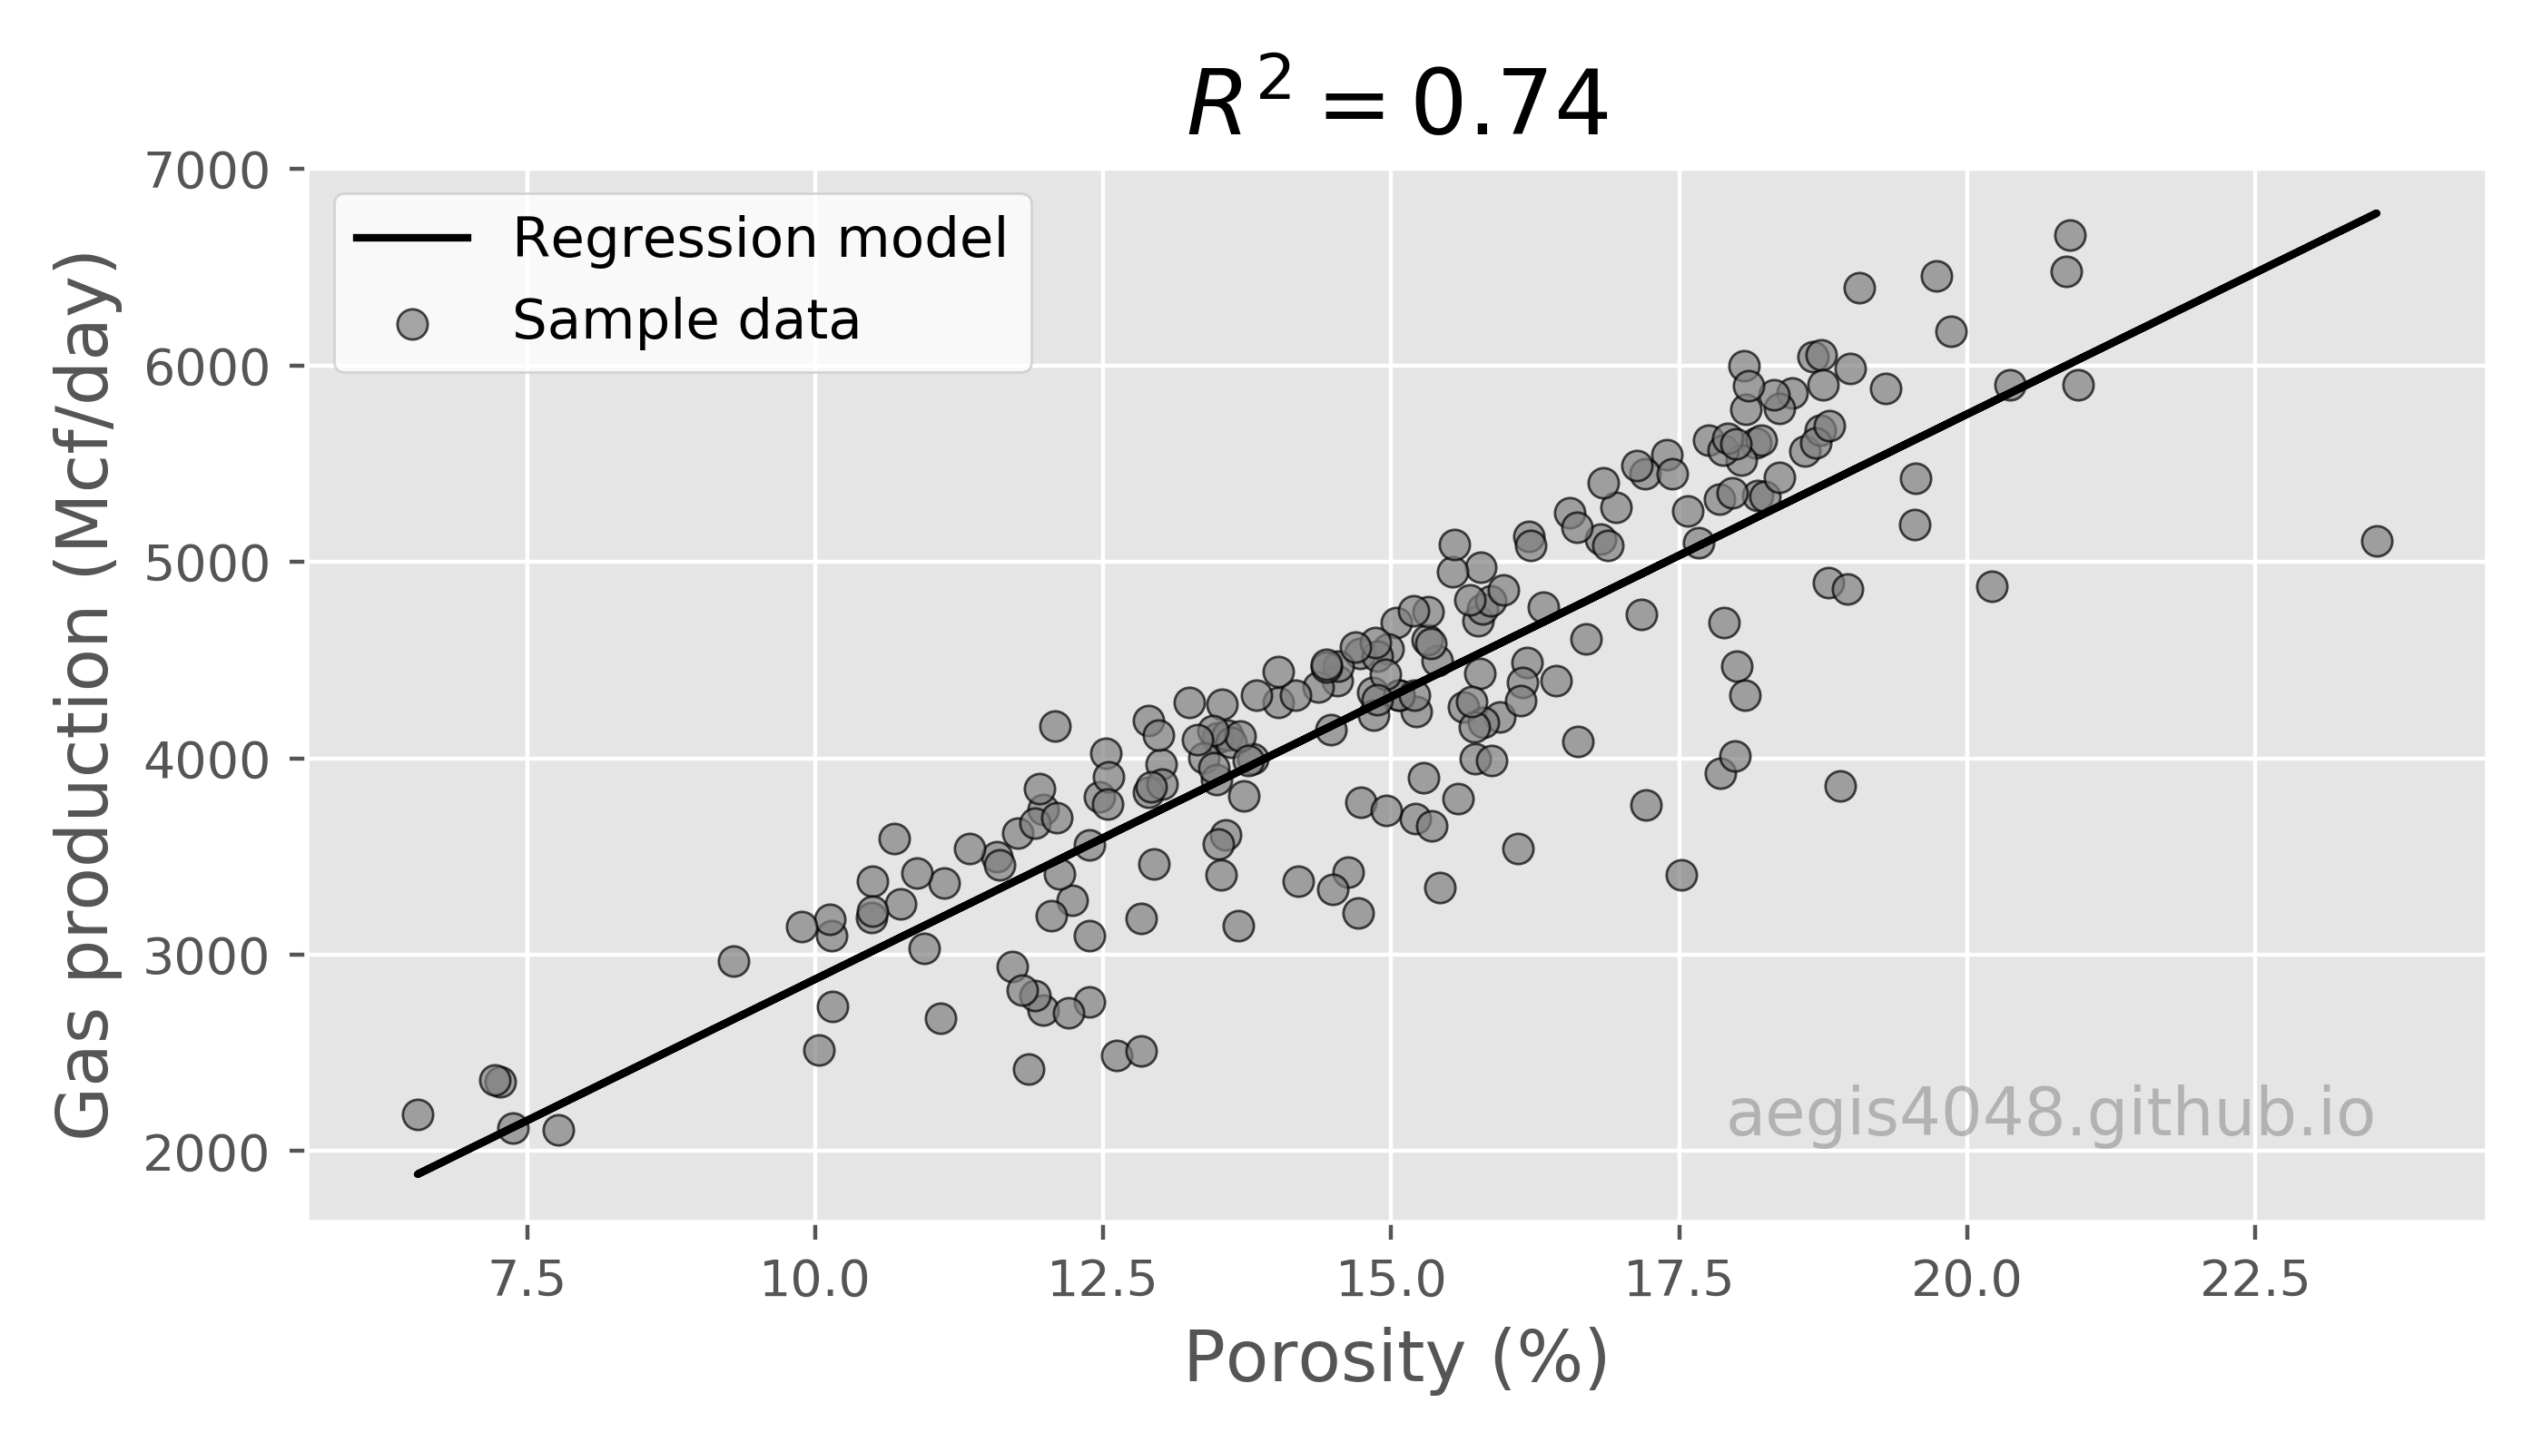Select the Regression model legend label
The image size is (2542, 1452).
coord(759,240)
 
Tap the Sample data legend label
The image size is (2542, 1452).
coord(685,321)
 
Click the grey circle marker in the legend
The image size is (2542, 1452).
coord(412,324)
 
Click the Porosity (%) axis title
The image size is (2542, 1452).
coord(1395,1359)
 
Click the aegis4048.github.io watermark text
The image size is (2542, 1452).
coord(2049,1115)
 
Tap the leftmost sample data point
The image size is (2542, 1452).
coord(417,1114)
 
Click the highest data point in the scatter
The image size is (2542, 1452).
coord(2070,235)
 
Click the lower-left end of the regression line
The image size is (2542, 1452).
coord(419,1173)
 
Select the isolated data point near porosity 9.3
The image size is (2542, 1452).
coord(734,962)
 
